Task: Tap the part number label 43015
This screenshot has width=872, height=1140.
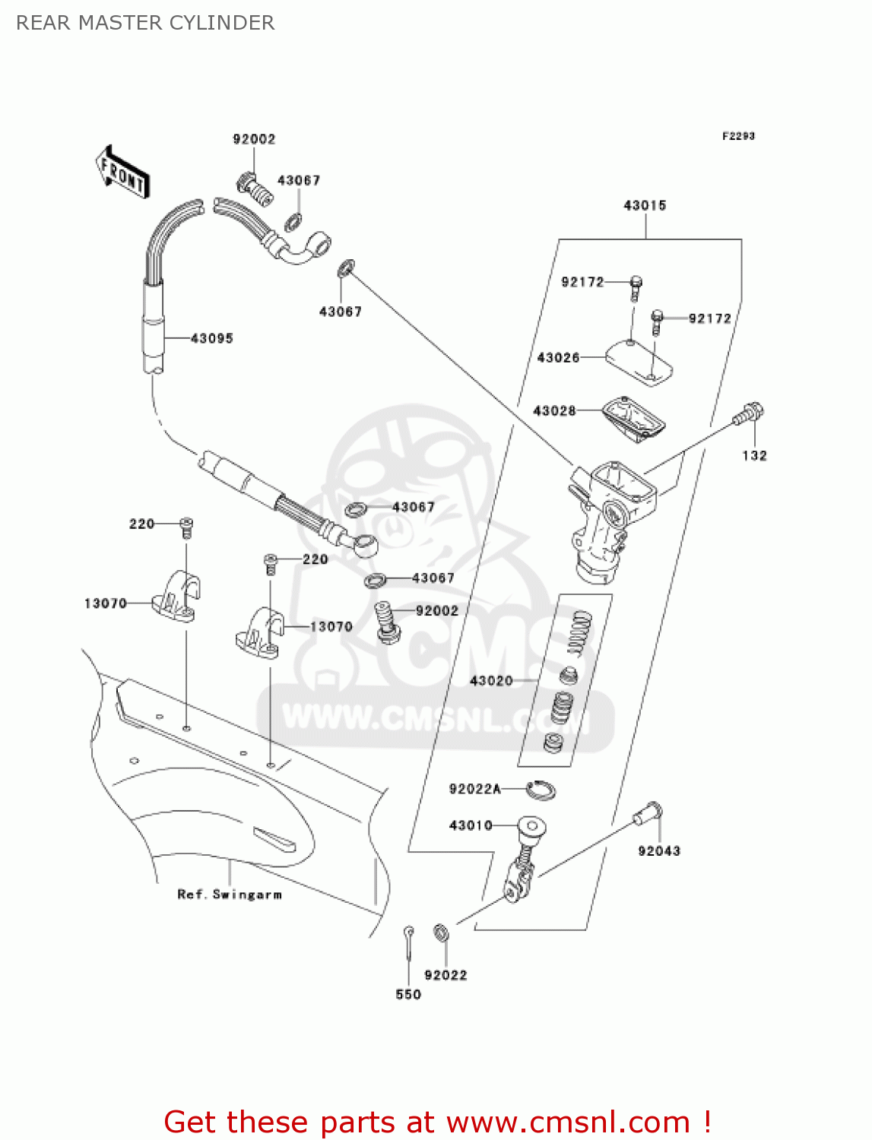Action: pos(645,205)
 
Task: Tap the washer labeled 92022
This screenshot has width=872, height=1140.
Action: pos(441,932)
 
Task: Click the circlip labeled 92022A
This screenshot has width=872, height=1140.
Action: pos(541,790)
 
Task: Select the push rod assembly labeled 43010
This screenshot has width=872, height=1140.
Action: pos(524,859)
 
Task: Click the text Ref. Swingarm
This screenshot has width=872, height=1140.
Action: pos(229,895)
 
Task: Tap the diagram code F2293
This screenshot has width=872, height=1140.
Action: pos(738,136)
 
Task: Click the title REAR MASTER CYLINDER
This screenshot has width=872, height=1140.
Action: pos(145,23)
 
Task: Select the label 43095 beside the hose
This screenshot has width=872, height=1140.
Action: pos(211,338)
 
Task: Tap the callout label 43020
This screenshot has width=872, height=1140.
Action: pos(491,681)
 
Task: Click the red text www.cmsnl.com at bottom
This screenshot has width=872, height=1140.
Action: pos(567,1122)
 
